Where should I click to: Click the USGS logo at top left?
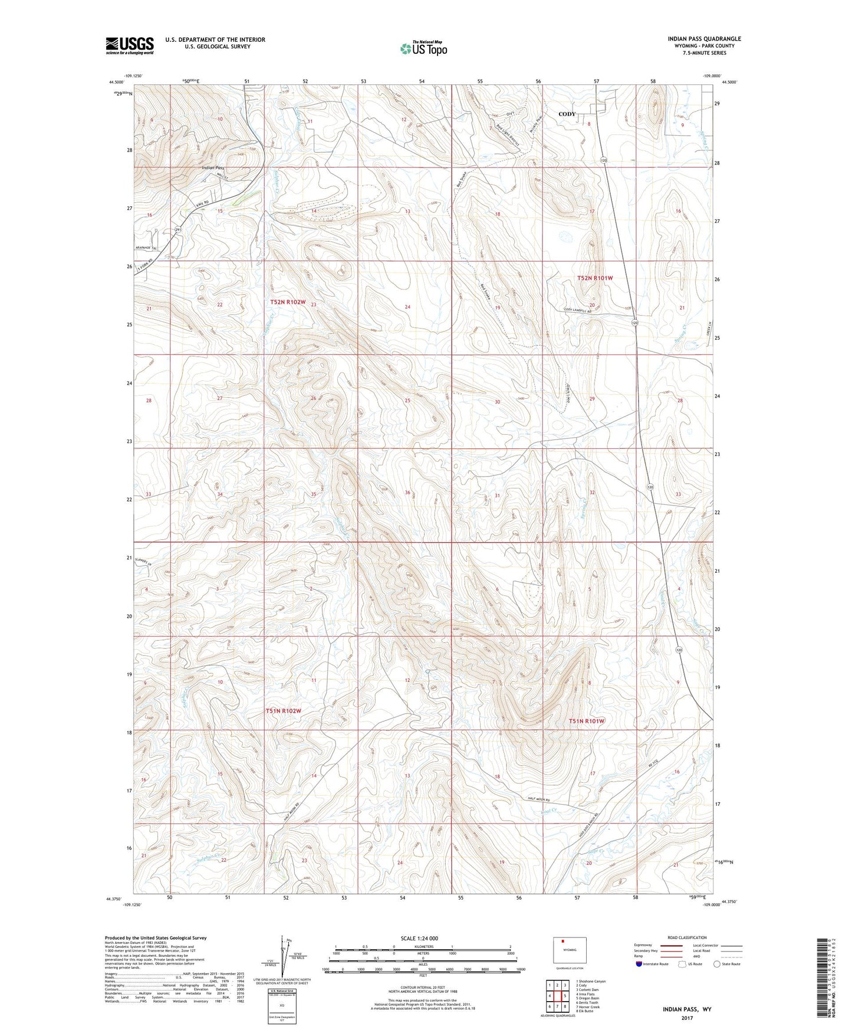click(x=130, y=45)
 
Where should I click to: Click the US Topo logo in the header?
click(x=423, y=48)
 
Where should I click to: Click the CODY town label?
click(x=567, y=114)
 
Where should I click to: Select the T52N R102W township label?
click(x=288, y=302)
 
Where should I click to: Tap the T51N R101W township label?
click(x=587, y=721)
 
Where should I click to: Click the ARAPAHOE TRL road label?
click(x=147, y=248)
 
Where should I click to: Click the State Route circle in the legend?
click(x=717, y=964)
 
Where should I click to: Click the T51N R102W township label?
click(x=284, y=711)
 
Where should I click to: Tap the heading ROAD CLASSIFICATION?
click(x=687, y=937)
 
